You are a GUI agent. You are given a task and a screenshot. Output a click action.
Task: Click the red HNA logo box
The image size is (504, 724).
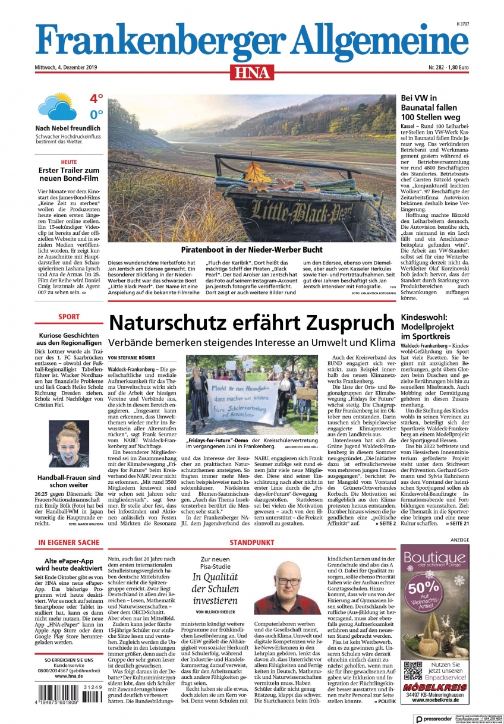[x=251, y=73]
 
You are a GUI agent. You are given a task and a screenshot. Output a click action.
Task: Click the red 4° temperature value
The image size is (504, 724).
[x=96, y=98]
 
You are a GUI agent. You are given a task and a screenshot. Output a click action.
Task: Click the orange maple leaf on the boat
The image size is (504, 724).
[x=257, y=175]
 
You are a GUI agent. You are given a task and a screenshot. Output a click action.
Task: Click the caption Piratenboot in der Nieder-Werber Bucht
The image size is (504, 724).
[x=251, y=249]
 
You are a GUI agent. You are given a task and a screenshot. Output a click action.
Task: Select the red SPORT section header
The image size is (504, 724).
[x=68, y=317]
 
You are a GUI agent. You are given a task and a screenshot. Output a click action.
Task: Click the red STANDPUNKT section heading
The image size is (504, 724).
[x=251, y=543]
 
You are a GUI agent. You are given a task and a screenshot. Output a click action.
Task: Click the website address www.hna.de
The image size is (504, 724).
[x=68, y=676]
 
